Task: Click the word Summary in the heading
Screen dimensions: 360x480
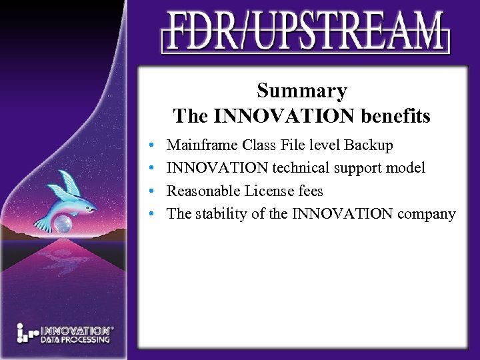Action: point(302,91)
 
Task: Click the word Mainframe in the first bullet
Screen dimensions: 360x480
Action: point(203,145)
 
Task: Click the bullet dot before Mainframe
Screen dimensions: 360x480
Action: point(153,145)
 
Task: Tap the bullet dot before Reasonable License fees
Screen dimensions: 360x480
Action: point(153,192)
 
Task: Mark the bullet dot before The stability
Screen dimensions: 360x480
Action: point(153,215)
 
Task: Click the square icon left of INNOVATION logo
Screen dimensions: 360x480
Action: point(27,333)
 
